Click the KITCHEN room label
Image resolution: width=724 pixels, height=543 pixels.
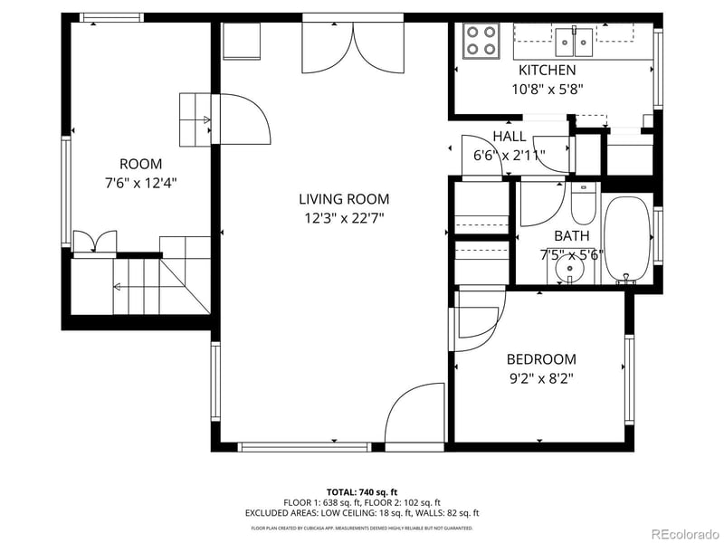[547, 70]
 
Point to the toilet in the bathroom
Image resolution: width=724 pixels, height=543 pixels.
[583, 205]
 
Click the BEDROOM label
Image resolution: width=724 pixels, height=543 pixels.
[540, 358]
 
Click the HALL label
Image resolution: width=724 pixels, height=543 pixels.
[510, 136]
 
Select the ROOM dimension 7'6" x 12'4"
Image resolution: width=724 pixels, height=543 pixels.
[140, 182]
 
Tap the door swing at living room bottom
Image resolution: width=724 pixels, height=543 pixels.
[414, 416]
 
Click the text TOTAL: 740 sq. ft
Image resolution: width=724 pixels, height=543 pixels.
[361, 491]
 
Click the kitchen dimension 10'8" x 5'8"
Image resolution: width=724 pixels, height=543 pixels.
[547, 89]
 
